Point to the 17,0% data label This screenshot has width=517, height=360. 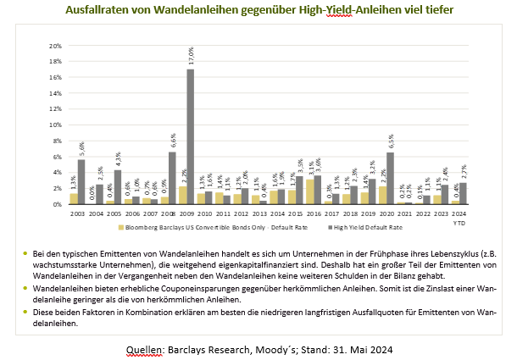pyautogui.click(x=191, y=59)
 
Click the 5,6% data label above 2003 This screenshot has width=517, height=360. pyautogui.click(x=81, y=150)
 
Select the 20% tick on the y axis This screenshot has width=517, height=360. pyautogui.click(x=56, y=46)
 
